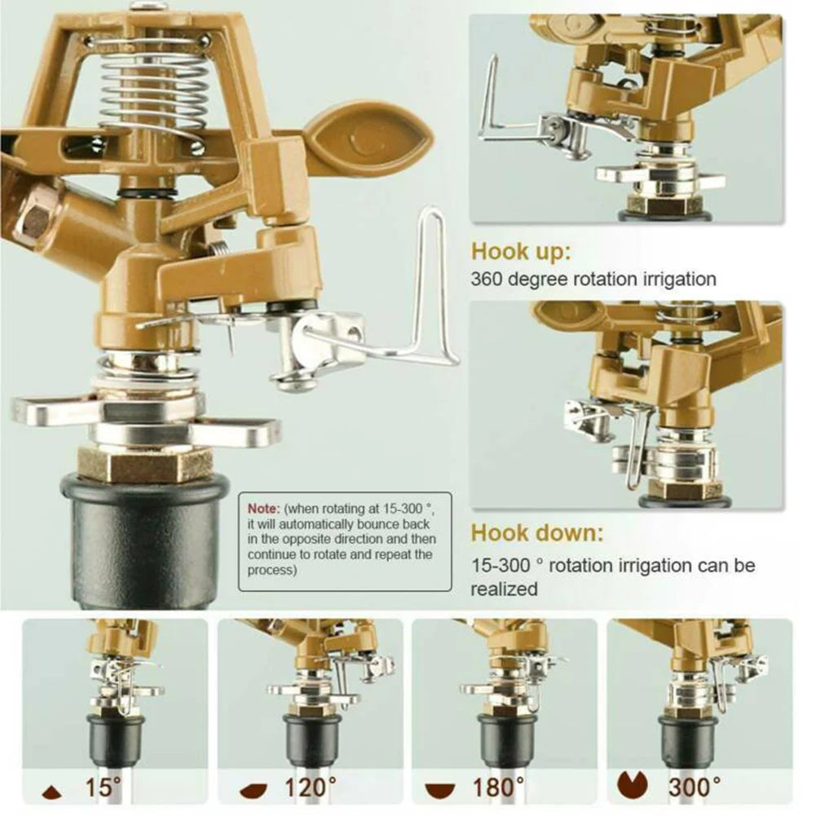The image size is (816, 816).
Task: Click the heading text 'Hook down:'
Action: (x=537, y=534)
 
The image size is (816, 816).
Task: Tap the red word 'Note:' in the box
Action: (x=263, y=506)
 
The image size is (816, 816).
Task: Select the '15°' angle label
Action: (x=102, y=787)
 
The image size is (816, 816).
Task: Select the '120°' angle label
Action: (x=311, y=787)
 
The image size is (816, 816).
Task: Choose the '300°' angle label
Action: (x=694, y=787)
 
